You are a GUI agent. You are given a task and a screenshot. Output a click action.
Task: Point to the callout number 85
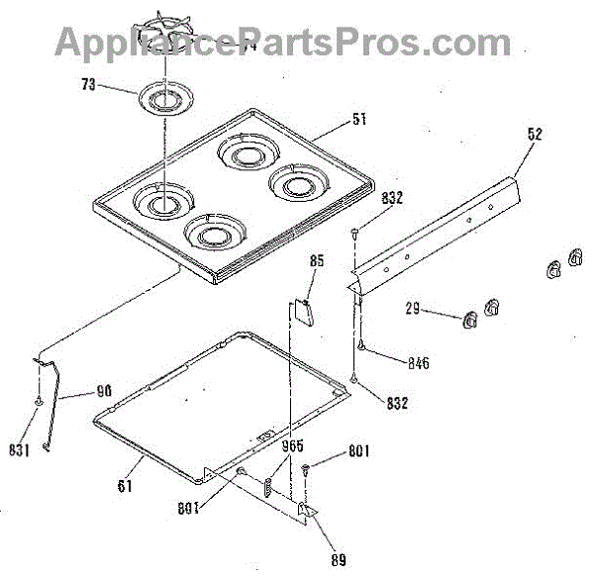(317, 262)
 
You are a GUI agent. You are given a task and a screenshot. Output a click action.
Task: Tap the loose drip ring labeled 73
(162, 99)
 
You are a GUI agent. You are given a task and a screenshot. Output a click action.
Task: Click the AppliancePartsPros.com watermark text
(282, 43)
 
